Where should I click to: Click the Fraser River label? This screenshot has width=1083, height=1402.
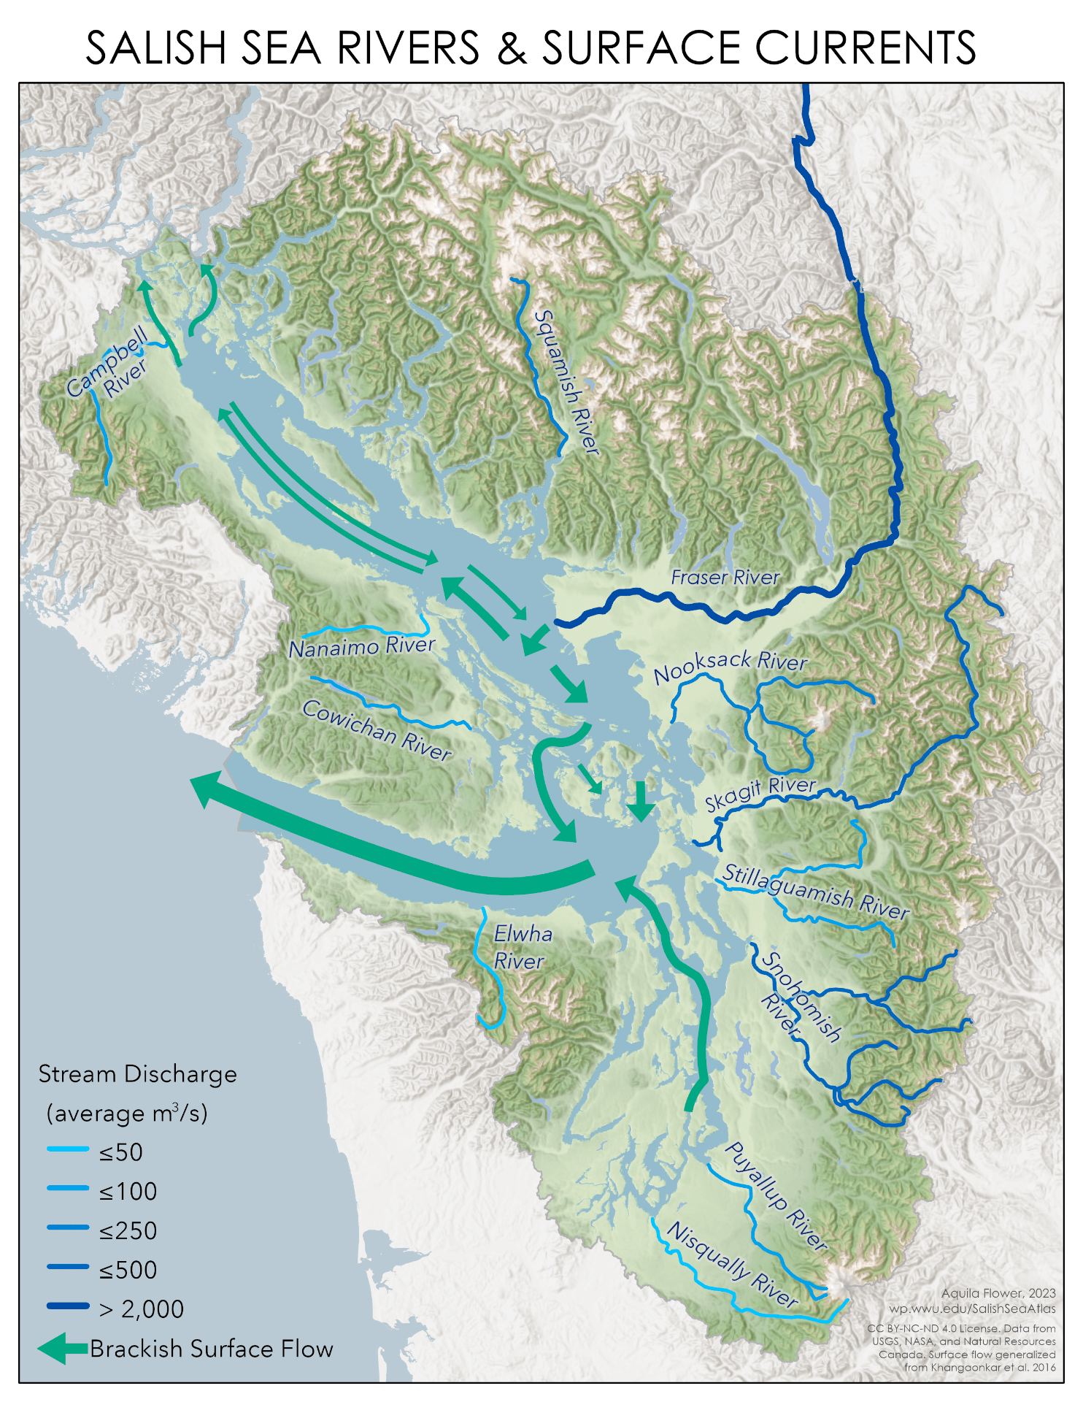pos(725,578)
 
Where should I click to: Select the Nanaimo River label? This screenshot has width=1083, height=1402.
pos(361,647)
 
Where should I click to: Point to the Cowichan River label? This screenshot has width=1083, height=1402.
pos(377,729)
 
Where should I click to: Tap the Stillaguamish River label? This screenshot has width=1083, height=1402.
pos(815,892)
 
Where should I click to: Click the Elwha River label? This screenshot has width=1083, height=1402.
pos(521,947)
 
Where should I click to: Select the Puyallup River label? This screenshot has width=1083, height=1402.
pos(776,1196)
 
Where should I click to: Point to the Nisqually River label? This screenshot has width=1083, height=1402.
pos(732,1264)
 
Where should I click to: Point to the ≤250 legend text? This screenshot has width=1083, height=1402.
pos(128,1230)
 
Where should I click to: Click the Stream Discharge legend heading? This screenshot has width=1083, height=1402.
pos(137,1074)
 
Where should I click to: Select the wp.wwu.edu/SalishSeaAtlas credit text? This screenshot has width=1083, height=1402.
pos(971,1309)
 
